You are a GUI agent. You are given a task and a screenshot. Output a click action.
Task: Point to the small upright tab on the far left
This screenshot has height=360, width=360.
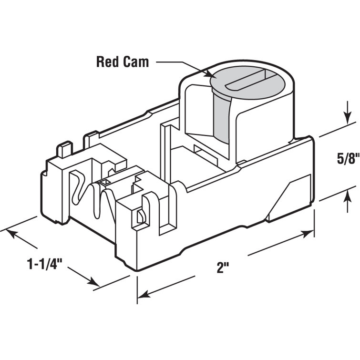tap(64, 150)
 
